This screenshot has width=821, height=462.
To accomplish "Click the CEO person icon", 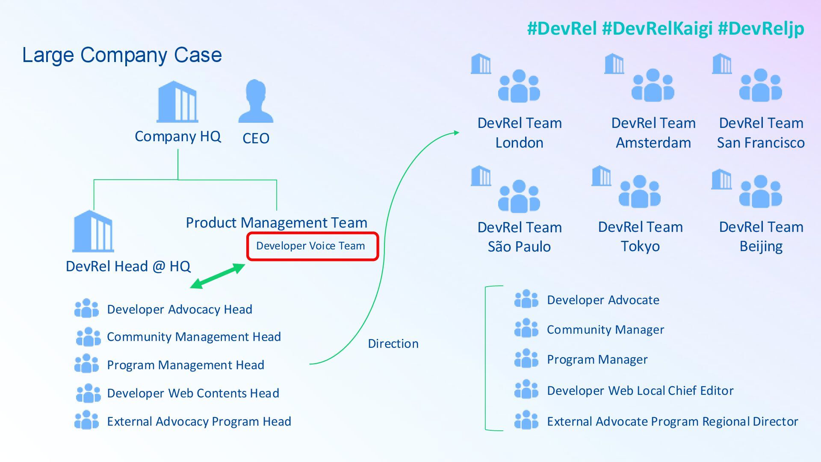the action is [256, 101].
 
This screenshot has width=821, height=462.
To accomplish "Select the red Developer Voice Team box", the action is [312, 246].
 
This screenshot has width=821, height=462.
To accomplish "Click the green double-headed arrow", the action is [218, 276].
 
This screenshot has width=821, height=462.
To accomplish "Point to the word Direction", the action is [393, 344].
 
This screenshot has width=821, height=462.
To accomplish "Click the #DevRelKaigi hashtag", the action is [657, 28].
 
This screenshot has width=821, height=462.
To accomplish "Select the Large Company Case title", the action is [122, 55].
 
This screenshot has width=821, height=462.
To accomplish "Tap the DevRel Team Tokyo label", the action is [640, 237].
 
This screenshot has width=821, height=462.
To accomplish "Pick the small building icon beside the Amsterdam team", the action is [614, 64].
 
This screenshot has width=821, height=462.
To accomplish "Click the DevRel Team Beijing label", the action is [761, 237].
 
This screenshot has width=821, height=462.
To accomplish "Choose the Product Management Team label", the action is [276, 222].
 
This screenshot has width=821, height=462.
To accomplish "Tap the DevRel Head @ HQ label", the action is [128, 266].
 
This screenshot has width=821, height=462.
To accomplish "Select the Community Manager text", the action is [605, 329].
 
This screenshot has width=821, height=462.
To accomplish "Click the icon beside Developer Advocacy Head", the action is [86, 308].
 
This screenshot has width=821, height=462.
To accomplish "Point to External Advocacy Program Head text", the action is [199, 421].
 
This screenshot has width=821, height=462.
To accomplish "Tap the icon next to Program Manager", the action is [526, 358].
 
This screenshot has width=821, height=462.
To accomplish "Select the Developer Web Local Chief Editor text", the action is [640, 391].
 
